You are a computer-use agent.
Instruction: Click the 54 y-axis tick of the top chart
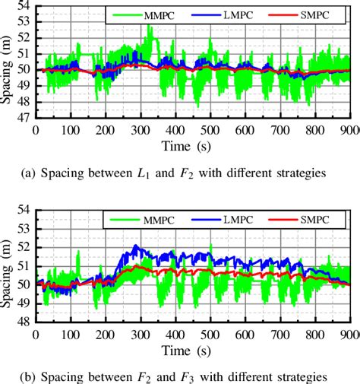coord(24,6)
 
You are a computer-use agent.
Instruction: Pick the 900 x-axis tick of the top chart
coord(347,129)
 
